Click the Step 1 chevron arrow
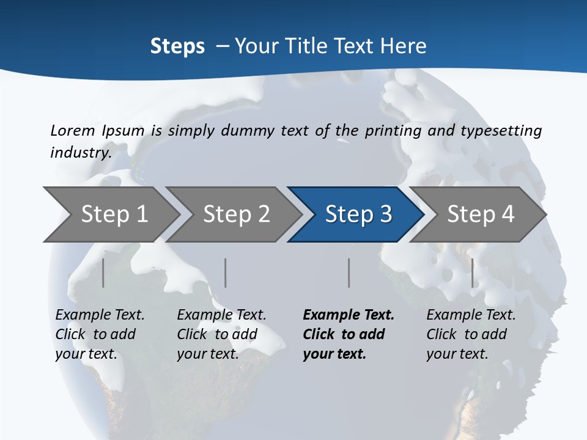point(113,215)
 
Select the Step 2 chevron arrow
point(235,215)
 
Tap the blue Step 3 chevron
point(358,215)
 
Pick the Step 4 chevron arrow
point(480,215)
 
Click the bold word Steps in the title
point(177,46)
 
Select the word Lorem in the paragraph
point(73,131)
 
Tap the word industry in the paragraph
point(80,152)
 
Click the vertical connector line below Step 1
point(103,273)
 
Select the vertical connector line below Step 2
point(226,273)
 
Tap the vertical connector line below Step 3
point(349,273)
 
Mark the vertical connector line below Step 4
point(472,273)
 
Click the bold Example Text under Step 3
point(349,315)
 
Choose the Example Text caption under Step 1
point(100,315)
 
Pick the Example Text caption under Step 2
point(221,315)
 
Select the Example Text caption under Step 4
point(471,315)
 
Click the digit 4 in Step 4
point(507,215)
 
